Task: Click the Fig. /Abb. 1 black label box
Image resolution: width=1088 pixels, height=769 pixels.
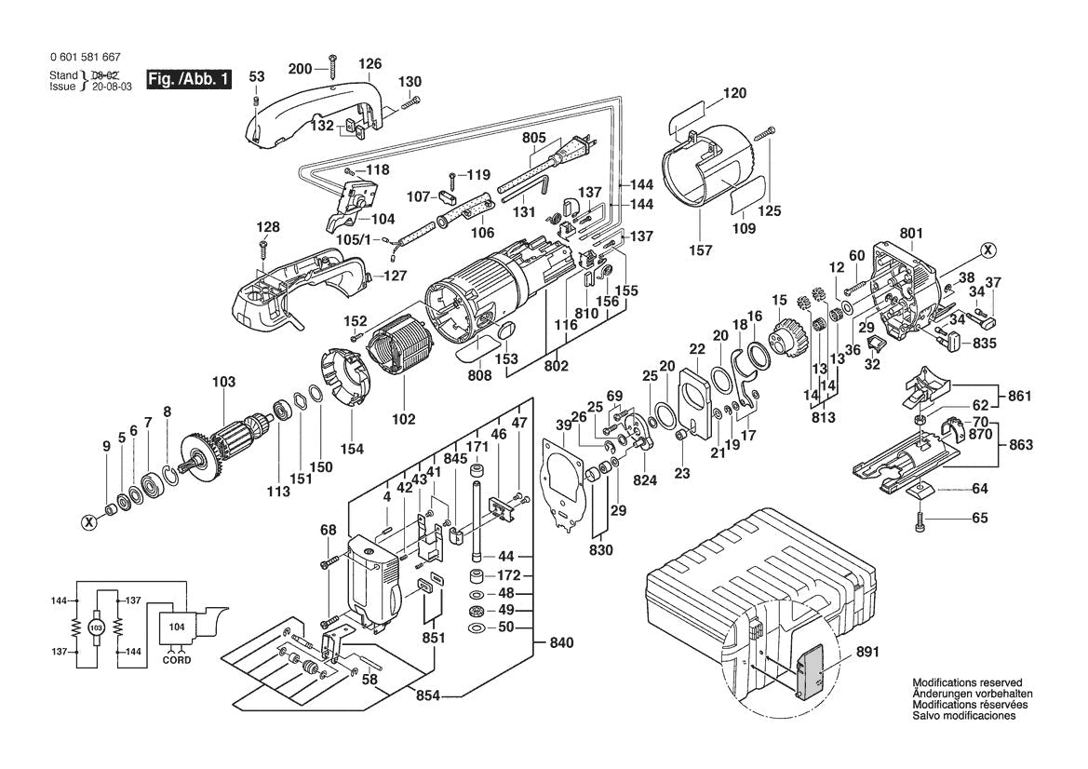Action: [188, 79]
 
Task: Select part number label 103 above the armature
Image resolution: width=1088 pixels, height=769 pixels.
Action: [223, 382]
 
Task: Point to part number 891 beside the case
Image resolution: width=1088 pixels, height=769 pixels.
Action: [868, 653]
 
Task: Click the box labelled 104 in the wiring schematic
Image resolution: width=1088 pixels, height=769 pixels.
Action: [178, 627]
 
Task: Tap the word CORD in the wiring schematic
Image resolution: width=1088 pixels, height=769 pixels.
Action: [177, 660]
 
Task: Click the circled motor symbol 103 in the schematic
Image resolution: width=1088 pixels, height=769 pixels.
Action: [95, 627]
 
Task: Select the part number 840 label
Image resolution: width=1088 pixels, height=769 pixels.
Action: [561, 642]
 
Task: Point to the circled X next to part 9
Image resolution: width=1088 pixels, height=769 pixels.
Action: [89, 522]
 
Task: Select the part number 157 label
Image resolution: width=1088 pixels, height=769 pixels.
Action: [700, 250]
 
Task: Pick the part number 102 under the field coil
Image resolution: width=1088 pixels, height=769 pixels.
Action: [403, 420]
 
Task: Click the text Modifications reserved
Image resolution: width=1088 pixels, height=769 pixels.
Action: [966, 682]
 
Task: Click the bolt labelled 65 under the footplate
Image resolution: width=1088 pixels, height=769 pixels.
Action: [920, 519]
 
